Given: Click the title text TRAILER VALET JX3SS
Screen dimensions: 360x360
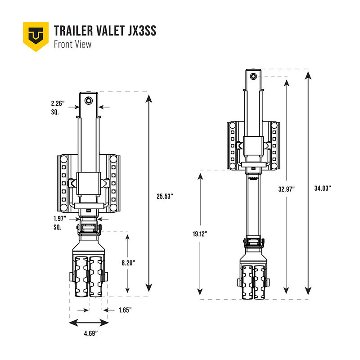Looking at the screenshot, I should pos(105,31).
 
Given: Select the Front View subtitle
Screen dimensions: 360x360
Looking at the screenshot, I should pos(72,44).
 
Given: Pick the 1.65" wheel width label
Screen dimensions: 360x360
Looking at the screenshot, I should pos(125,310).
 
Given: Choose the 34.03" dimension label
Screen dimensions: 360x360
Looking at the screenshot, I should pos(323,189).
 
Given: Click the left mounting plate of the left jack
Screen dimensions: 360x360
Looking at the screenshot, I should pos(63,184).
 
